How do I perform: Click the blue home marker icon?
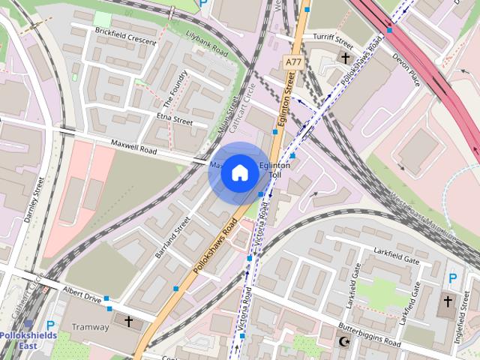coord(238,172)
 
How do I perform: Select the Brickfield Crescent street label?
coord(125,35)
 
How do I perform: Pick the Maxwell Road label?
coord(133,146)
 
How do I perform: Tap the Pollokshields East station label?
coord(18,340)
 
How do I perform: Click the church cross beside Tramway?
coord(127,322)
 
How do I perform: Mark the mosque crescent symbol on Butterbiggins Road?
coord(344,342)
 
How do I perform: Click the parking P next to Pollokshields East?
coord(50,326)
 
